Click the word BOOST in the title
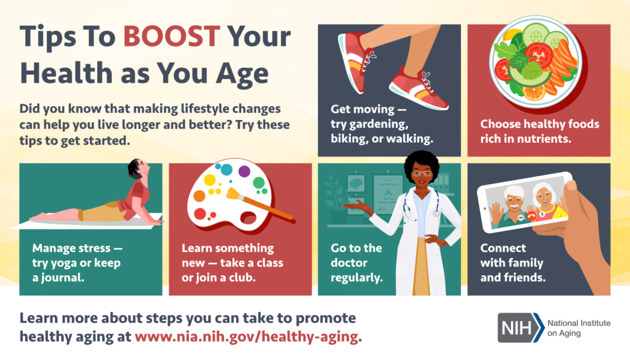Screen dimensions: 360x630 coord(171,38)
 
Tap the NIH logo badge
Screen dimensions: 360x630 coord(519,327)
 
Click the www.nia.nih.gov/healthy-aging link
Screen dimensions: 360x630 coord(246,337)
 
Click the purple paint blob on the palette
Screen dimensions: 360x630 coord(244,172)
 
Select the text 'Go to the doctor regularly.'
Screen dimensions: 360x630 coord(356,263)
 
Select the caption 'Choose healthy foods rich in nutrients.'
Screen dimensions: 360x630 coord(539,131)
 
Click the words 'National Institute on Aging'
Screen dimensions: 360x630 coord(578,328)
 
